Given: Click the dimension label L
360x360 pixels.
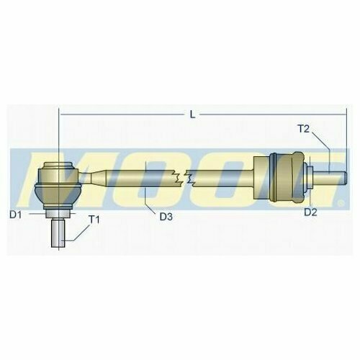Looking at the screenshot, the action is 192,115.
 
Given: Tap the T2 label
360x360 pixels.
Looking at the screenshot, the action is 304,129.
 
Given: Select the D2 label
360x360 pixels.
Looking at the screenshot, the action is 310,212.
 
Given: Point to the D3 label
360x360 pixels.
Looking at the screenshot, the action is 166,217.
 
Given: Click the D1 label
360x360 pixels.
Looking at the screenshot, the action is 16,215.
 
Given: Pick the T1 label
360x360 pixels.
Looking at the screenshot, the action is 94,220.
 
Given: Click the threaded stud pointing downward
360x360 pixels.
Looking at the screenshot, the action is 58,233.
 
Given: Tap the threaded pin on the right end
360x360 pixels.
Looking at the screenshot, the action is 330,178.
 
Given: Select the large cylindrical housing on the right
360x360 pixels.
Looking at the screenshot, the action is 279,177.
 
